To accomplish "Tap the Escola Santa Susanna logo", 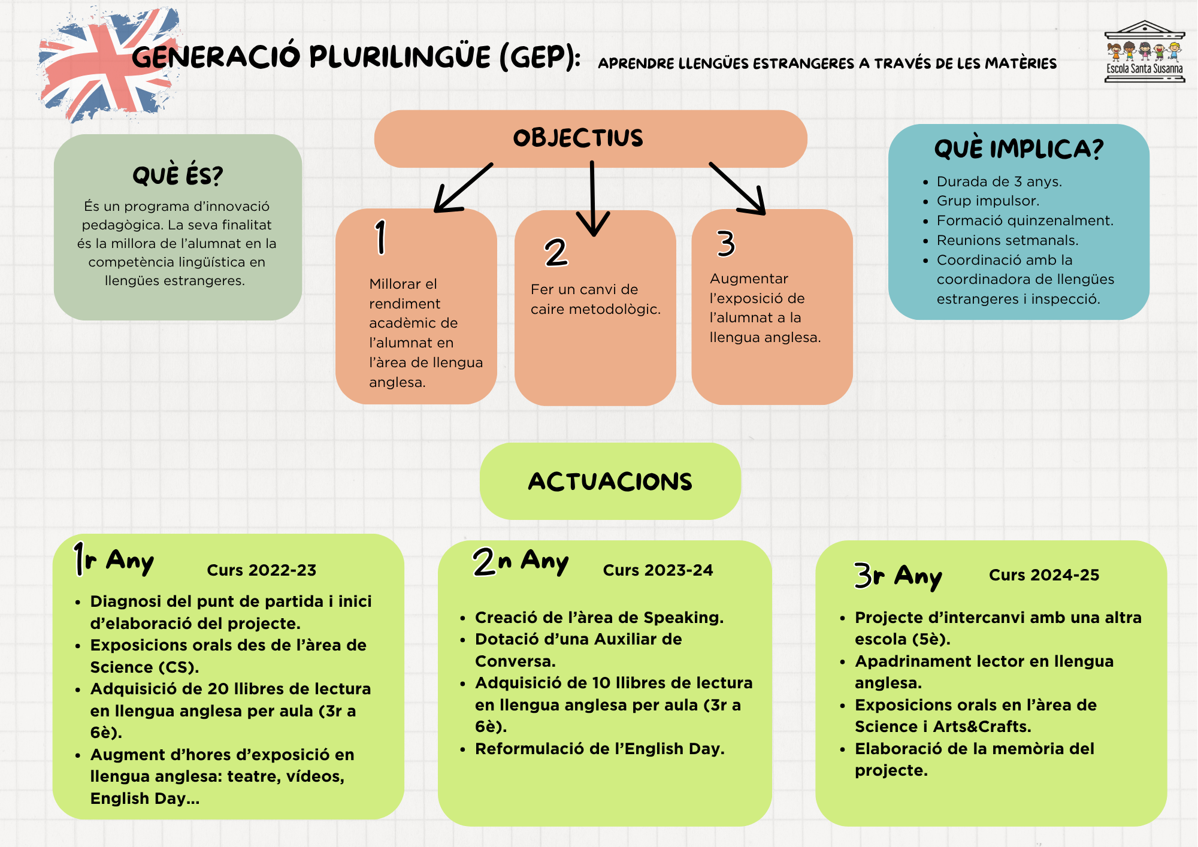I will pos(1144,53).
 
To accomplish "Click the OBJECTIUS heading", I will pos(578,138).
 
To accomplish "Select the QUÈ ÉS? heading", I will pos(177,176).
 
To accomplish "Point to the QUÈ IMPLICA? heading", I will pos(1018,149).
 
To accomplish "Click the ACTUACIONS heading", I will pos(610,482).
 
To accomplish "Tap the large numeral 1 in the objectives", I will pos(381,237).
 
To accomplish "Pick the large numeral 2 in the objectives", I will pos(556,252).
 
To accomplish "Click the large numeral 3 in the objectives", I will pos(725,244).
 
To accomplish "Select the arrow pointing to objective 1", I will pos(461,189).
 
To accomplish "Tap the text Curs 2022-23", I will pos(261,570).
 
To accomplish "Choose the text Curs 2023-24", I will pos(658,570).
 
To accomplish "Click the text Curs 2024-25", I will pos(1043,575).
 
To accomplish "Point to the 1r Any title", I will pos(114,561).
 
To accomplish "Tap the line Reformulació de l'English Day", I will pos(599,749).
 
